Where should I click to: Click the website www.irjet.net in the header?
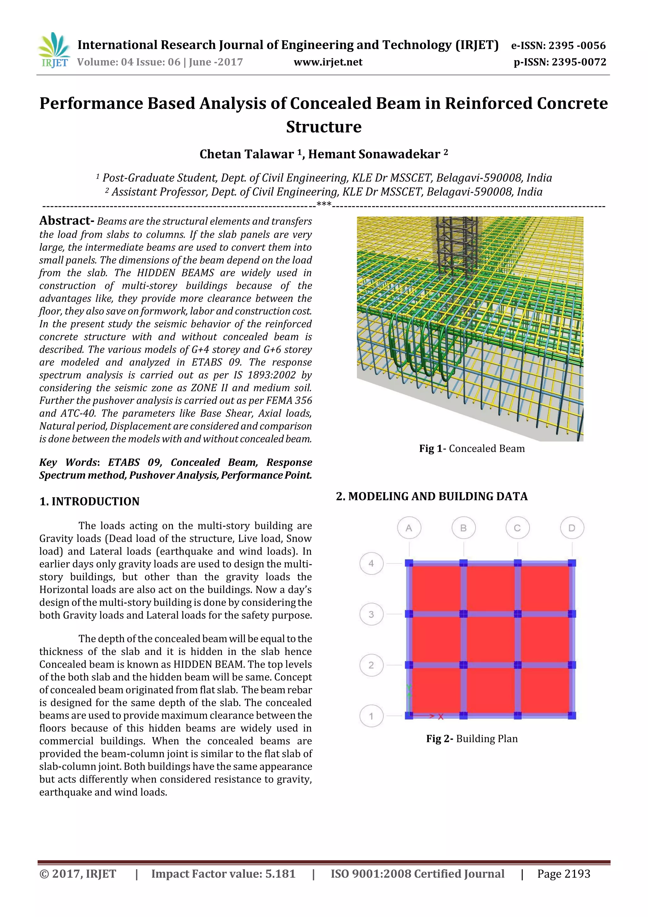click(328, 62)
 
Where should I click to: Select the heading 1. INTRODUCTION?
click(90, 502)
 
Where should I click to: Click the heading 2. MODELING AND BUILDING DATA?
click(432, 496)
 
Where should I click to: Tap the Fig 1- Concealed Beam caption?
click(471, 449)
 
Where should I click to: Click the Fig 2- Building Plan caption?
click(471, 738)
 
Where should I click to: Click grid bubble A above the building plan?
click(409, 528)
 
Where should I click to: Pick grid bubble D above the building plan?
click(572, 528)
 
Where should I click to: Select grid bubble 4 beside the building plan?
click(371, 563)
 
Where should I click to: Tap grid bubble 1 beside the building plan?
click(371, 716)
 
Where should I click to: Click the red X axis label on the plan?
click(441, 717)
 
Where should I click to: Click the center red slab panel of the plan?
click(490, 639)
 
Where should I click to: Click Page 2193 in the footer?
click(563, 874)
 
